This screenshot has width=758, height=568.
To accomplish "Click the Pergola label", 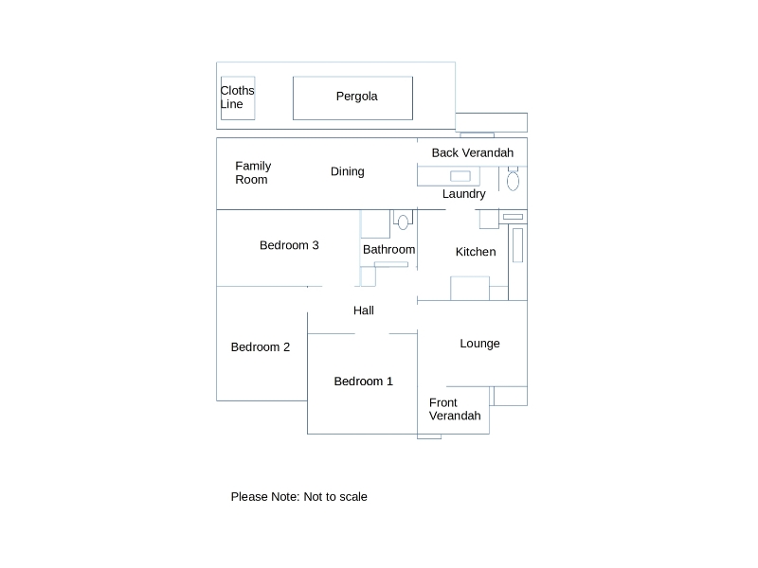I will coord(356,97).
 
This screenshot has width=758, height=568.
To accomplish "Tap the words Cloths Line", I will coord(237,98).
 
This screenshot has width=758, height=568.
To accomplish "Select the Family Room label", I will coord(253,173).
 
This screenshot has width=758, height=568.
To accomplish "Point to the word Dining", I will coord(347,172).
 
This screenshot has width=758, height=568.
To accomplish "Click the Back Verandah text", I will coord(472,153).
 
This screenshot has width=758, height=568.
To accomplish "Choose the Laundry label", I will coord(463,194).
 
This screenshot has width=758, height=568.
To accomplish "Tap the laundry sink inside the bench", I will coord(460,176).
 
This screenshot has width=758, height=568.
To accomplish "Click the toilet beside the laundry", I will coord(513,180).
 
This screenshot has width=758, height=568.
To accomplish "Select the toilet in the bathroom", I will coord(403,222).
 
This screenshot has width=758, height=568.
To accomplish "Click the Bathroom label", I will coord(388,250).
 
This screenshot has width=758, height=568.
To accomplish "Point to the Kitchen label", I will coord(476,252).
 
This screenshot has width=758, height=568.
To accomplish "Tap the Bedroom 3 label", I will coord(289,246).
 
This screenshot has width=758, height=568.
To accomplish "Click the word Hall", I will coord(364,311).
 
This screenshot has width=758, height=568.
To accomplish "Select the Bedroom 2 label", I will coord(261,347).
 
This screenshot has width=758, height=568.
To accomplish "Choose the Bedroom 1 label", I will coord(363,382).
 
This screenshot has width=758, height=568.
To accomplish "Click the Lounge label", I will coord(479,344).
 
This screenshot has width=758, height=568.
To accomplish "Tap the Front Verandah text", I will coord(455,409).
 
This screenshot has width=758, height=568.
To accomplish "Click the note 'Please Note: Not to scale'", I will coord(298,497).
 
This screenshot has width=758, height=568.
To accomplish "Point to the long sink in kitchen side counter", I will coord(517,245).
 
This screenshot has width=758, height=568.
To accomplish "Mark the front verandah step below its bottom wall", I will coord(429,436).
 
